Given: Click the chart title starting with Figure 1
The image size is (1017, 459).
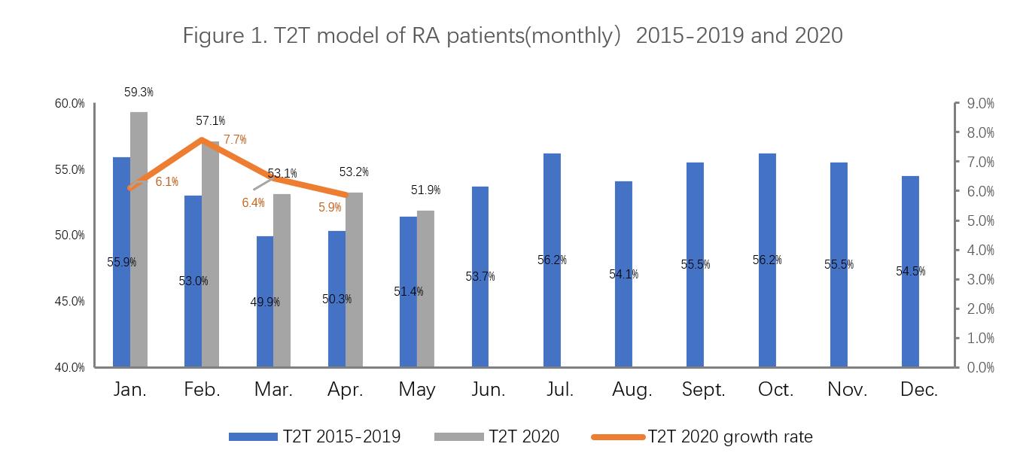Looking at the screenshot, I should coord(513,35).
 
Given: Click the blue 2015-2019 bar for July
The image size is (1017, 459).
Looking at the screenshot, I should coord(552,260).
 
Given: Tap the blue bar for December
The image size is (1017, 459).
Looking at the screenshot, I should coord(910,271).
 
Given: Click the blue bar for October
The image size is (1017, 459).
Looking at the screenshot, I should coord(767,260).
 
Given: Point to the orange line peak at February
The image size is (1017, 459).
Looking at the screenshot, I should coord(202,139).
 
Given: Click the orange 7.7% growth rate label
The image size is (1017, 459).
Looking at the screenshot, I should coord(235,139).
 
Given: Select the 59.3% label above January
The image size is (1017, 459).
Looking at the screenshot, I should coord(139,93).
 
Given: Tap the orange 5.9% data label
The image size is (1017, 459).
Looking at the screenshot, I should coord(330,207).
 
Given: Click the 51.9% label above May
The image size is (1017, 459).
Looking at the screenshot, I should coord(425,190).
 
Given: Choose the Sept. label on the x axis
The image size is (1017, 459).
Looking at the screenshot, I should coord(703,390).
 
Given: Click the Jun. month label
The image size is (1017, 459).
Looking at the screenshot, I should coord(489,390).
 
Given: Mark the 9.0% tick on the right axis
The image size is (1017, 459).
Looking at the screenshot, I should coord(979,103).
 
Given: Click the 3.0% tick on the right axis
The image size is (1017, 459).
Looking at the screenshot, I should coord(979,279).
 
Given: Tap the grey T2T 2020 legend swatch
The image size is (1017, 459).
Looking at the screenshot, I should coord(458,436).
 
